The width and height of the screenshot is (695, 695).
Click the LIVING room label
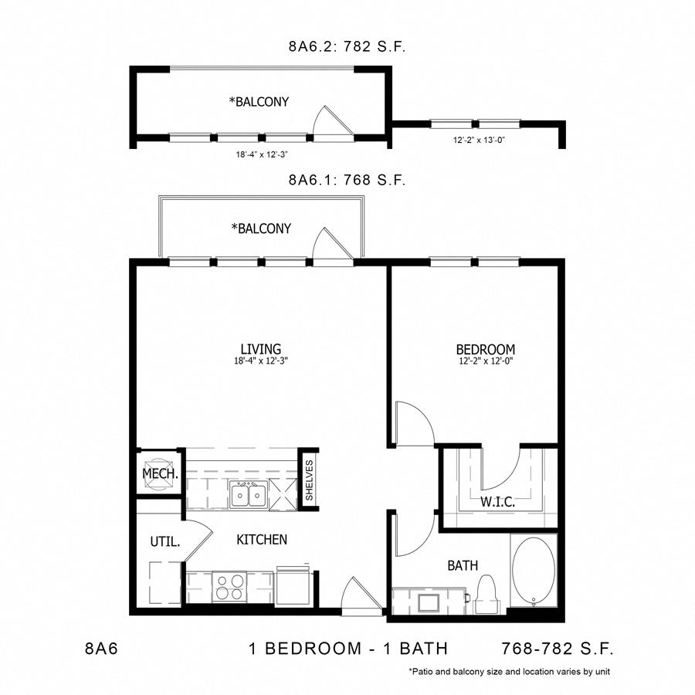coord(261,349)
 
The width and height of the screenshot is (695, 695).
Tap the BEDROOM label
coord(486,349)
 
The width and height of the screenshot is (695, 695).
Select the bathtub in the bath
coord(534,570)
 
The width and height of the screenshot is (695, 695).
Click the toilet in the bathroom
coord(486,595)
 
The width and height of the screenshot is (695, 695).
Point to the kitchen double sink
coord(249,495)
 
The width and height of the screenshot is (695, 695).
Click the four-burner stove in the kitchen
coord(229,586)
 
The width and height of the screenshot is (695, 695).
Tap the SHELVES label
coord(309,480)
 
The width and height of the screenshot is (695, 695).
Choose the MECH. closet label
coord(160,473)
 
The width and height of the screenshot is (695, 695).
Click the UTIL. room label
coord(165,541)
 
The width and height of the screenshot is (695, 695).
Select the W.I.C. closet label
coord(498,502)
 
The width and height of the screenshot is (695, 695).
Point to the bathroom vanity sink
coord(429,603)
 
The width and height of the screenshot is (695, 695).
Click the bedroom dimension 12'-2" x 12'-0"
coord(486,361)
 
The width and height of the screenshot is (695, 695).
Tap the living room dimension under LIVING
coord(261,361)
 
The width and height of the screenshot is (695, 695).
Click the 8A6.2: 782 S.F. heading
coord(347,46)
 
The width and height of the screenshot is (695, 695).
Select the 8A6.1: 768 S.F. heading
coord(347,179)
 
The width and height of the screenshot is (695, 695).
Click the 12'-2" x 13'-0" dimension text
coord(479,140)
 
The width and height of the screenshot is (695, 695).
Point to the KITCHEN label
coord(262,540)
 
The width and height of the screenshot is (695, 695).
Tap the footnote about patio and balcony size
coord(510,672)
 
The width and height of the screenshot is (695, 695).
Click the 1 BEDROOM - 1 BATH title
coord(348,649)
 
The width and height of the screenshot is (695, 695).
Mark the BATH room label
coord(463,565)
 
